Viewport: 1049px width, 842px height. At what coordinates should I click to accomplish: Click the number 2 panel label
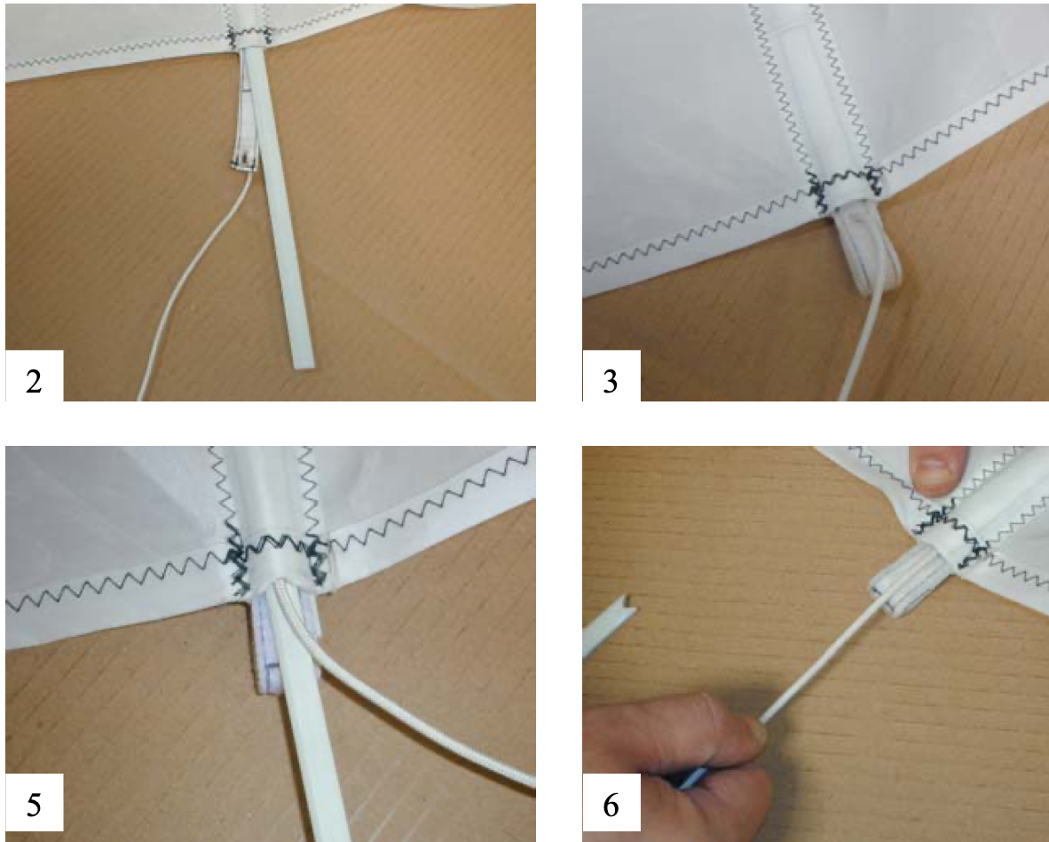34,382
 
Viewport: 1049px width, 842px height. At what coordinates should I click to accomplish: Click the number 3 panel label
610,382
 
